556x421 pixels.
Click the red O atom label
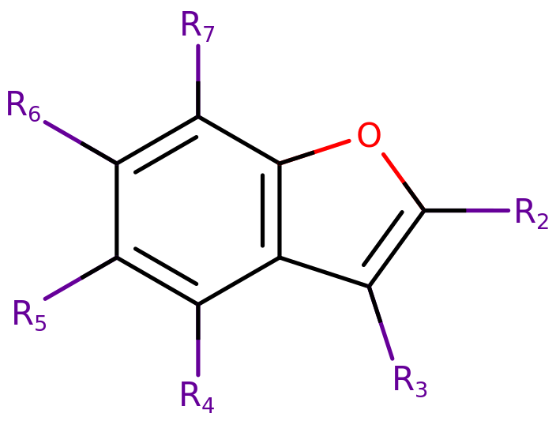[x=369, y=135]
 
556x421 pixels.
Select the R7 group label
[x=197, y=26]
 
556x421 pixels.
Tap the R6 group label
[x=23, y=106]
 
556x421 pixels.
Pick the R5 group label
[x=29, y=315]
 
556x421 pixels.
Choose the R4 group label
[x=197, y=396]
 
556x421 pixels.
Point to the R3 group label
[x=410, y=381]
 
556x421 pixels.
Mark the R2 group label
[x=531, y=213]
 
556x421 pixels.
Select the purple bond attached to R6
[x=63, y=132]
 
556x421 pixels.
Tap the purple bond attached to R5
[x=63, y=288]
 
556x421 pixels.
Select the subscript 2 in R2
[x=543, y=221]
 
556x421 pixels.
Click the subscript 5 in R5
[x=40, y=323]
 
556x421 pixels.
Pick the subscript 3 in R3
[x=421, y=389]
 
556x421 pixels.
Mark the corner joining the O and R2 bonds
[x=424, y=211]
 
